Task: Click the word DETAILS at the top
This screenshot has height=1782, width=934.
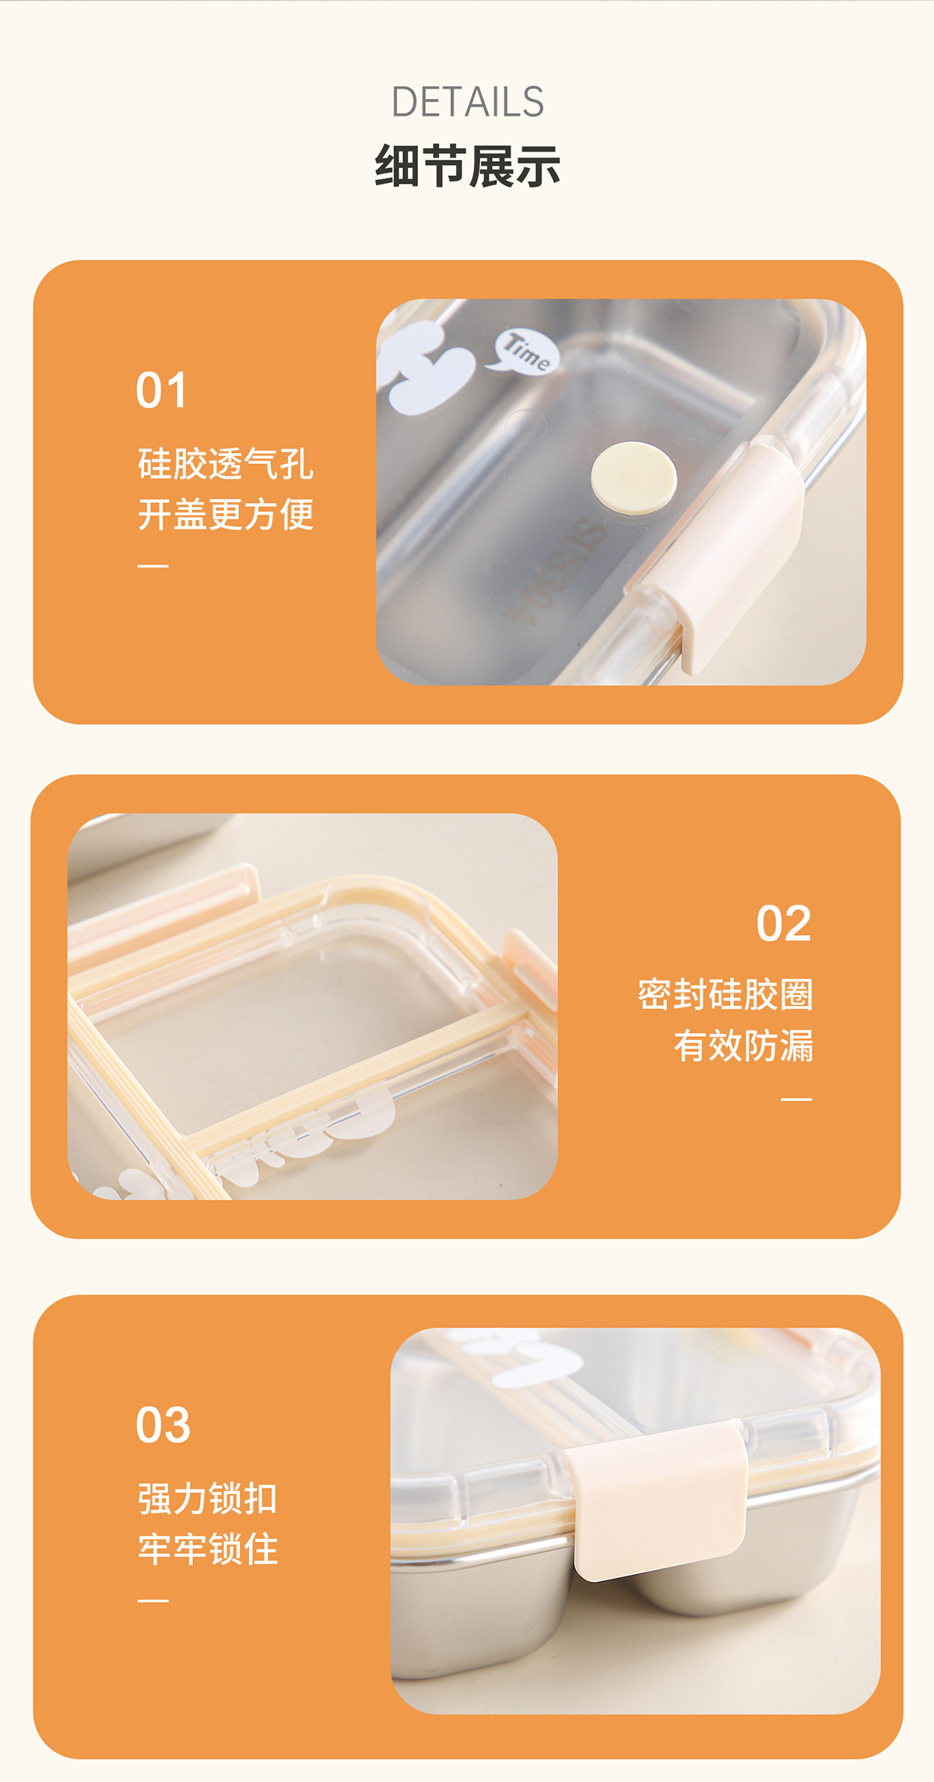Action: coord(468,102)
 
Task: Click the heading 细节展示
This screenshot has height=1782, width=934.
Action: coord(468,166)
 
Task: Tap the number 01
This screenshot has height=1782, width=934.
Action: coord(161,390)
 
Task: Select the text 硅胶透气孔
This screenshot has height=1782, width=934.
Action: coord(226,464)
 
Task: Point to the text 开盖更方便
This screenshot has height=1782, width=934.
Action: coord(226,515)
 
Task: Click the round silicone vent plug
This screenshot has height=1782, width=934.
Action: coord(634,478)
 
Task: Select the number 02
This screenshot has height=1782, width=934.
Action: coord(784,923)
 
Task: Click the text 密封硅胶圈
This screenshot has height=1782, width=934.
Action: coord(725,994)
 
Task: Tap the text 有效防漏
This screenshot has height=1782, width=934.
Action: coord(743,1046)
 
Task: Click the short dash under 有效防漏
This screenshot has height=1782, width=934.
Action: coord(796,1099)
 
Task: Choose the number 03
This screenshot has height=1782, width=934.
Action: coord(163,1425)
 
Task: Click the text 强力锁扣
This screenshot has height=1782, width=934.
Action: coord(208,1499)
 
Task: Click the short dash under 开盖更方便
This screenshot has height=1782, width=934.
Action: coord(153,566)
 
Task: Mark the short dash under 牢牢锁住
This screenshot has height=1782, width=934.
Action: coord(153,1601)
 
